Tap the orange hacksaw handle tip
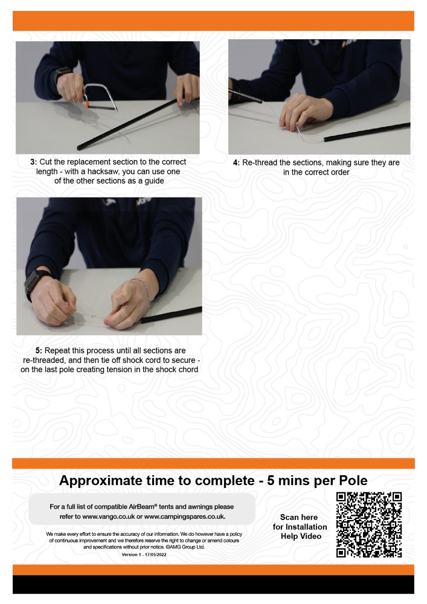click(88, 104)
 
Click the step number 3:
click(33, 162)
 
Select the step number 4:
click(236, 163)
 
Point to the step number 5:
click(39, 351)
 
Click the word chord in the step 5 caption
click(188, 370)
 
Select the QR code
click(369, 525)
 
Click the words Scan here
click(299, 518)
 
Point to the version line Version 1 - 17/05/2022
click(144, 554)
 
